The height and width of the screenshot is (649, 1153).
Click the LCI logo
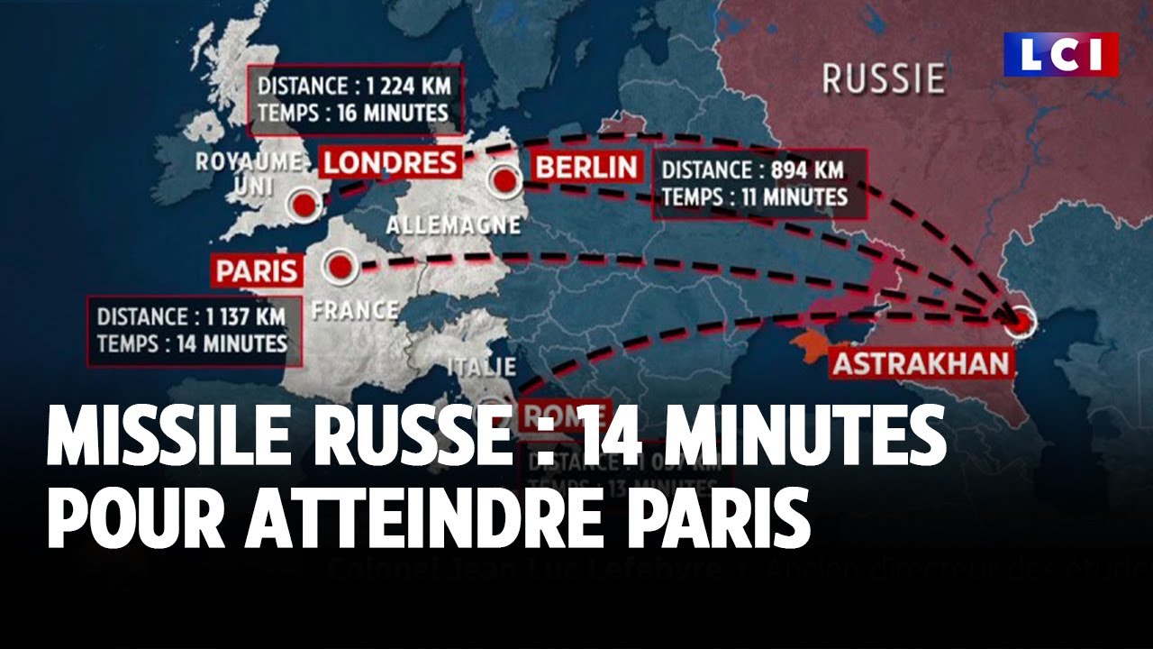[x=1061, y=55]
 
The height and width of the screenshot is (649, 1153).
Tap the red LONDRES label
[x=390, y=163]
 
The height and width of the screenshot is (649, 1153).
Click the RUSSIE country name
[x=883, y=78]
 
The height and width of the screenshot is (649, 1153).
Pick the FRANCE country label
[x=353, y=309]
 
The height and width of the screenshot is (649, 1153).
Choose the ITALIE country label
[x=482, y=367]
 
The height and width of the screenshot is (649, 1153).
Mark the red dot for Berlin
[x=504, y=180]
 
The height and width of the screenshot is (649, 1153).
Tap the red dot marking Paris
[x=340, y=267]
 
